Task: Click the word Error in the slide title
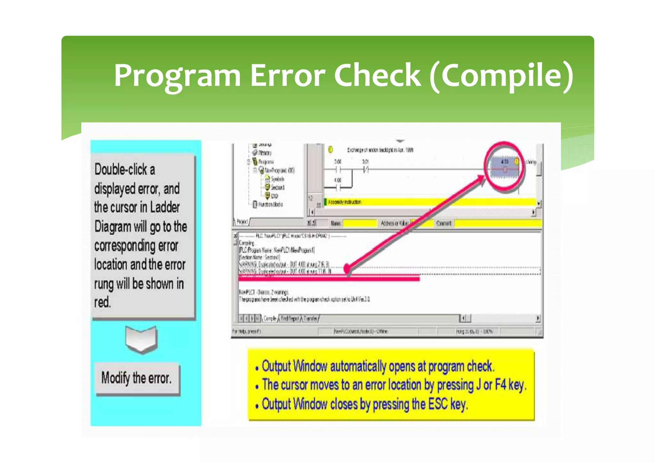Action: point(287,76)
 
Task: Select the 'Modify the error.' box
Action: point(137,378)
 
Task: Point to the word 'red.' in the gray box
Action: point(102,302)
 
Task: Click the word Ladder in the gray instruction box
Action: point(165,207)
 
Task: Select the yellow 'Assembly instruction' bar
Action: point(429,202)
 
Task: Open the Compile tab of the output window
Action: point(270,318)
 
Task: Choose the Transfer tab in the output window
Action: point(310,318)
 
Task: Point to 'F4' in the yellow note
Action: point(501,385)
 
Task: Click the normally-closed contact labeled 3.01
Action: point(366,169)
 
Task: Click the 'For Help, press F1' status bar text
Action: point(246,332)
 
